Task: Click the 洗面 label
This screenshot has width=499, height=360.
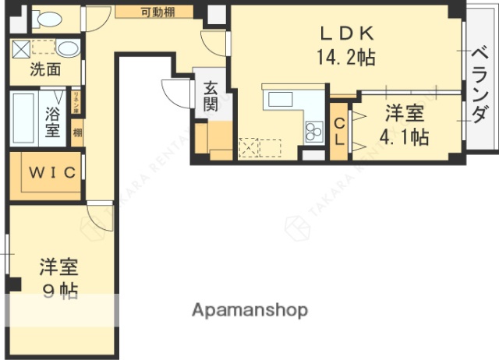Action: click(45, 69)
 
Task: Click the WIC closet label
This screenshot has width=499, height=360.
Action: click(52, 172)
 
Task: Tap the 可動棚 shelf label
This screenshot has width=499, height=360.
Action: click(157, 12)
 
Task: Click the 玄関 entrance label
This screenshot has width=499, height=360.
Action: click(211, 97)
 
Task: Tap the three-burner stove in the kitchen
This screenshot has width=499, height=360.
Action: click(313, 131)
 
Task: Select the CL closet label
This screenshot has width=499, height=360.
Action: click(340, 130)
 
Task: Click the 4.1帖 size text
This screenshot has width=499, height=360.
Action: click(404, 137)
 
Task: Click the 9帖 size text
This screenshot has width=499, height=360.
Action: click(58, 292)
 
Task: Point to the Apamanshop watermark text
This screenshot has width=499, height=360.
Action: click(249, 310)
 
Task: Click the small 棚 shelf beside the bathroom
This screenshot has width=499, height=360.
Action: click(77, 132)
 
